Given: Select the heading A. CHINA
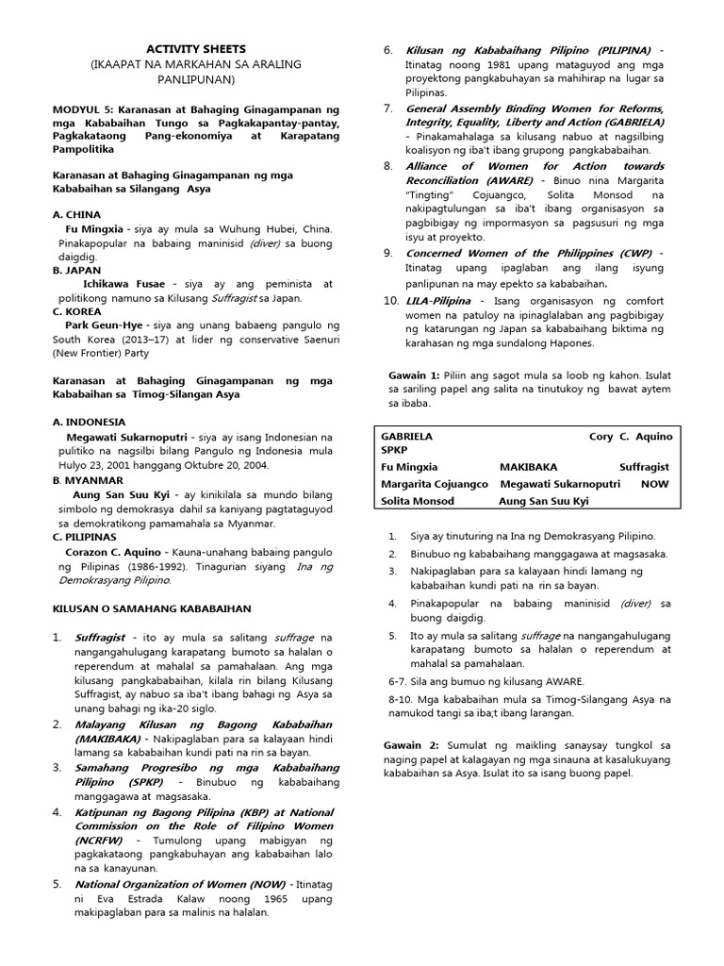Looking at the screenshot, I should (x=77, y=215).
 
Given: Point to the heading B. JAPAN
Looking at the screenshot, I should (x=77, y=270).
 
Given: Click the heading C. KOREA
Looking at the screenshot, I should (x=77, y=310).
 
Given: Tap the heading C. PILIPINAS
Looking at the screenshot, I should (x=91, y=537).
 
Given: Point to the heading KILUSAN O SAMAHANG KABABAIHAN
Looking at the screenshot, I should (x=151, y=609).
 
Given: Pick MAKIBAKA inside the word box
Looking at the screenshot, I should (x=529, y=467).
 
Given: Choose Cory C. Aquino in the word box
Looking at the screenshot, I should (x=631, y=437).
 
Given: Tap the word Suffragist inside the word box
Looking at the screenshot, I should (x=644, y=467).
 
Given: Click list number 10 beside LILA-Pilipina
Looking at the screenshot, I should (x=391, y=300).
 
